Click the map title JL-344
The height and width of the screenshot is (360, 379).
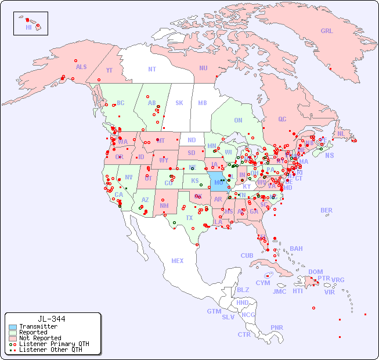[x=52, y=319]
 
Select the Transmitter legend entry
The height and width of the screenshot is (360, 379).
[x=38, y=327]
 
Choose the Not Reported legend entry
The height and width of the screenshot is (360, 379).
[x=39, y=338]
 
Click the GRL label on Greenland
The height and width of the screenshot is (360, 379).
[x=327, y=31]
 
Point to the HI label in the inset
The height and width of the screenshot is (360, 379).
[x=28, y=27]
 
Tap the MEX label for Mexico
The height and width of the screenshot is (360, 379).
[x=178, y=261]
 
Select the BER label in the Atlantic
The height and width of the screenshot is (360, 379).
[x=327, y=210]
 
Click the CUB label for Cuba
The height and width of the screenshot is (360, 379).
[x=247, y=255]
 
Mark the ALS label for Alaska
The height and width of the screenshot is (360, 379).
[x=81, y=67]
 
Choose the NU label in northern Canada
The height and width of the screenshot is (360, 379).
[x=203, y=68]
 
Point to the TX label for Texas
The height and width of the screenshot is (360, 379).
[x=189, y=218]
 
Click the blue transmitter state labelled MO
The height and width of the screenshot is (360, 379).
[x=218, y=182]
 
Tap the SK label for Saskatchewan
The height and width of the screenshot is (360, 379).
[x=179, y=103]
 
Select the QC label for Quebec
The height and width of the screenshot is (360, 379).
[x=282, y=119]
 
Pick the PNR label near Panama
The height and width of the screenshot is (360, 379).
[x=277, y=327]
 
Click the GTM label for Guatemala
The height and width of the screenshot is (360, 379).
[x=214, y=311]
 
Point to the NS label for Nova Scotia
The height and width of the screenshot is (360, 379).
[x=329, y=155]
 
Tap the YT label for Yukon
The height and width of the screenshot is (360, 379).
[x=109, y=70]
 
